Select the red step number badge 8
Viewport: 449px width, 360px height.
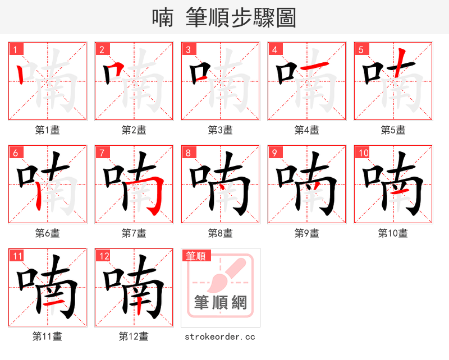pyautogui.click(x=189, y=153)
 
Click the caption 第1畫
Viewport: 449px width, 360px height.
pyautogui.click(x=48, y=130)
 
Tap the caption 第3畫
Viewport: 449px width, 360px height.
pyautogui.click(x=220, y=130)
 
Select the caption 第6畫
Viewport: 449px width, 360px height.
pyautogui.click(x=48, y=233)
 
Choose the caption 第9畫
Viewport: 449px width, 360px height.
pyautogui.click(x=306, y=233)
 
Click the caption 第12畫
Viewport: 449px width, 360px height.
pyautogui.click(x=134, y=336)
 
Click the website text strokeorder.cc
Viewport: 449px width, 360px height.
pyautogui.click(x=220, y=336)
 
